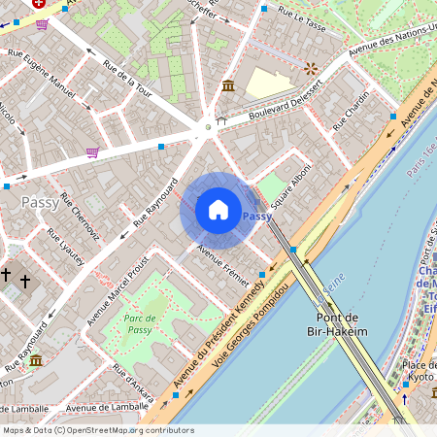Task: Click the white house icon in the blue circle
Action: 218,210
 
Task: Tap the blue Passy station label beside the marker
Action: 257,217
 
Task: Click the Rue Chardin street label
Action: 351,113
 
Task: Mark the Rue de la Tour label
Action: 129,84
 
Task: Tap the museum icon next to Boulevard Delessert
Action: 227,86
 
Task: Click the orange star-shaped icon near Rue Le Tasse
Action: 310,68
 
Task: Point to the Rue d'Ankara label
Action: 132,380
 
